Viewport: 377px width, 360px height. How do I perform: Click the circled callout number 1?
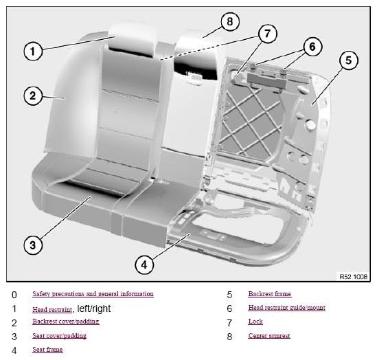point(33,52)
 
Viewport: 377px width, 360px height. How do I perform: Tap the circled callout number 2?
point(33,96)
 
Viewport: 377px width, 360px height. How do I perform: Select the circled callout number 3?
point(33,245)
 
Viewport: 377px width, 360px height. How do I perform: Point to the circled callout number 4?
point(144,265)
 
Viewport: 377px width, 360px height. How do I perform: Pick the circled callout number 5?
point(349,60)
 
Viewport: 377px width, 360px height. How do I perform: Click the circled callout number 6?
point(312,47)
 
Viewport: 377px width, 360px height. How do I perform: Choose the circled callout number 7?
point(268,34)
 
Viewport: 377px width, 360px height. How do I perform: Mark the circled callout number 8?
point(230,21)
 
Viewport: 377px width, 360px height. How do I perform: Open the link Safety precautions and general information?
point(93,294)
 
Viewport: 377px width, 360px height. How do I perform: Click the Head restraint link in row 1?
point(52,309)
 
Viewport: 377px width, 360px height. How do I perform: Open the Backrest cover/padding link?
point(66,322)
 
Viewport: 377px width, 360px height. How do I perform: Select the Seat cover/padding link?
point(59,336)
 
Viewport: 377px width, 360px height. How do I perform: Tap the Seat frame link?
point(47,350)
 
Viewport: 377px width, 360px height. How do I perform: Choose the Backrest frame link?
point(270,294)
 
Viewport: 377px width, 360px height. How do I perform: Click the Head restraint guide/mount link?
point(287,308)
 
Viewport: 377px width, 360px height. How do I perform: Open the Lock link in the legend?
point(255,322)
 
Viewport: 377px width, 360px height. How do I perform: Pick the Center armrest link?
point(269,336)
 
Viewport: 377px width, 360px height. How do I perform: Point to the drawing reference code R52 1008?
point(354,277)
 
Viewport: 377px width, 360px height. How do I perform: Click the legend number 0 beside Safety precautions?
point(14,295)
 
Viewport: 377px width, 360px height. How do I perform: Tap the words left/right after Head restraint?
point(94,308)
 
